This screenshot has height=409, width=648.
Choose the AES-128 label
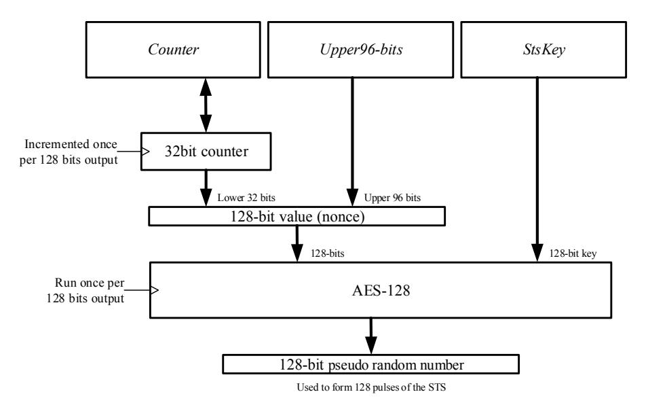(x=381, y=290)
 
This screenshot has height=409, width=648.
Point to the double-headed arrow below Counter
(x=206, y=105)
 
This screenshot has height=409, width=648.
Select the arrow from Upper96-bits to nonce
(x=352, y=142)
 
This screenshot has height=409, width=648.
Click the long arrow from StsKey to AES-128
(x=537, y=170)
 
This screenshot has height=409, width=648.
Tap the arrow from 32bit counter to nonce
(x=206, y=188)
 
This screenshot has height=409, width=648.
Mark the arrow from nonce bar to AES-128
(x=297, y=244)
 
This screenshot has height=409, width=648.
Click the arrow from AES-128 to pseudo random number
(x=370, y=336)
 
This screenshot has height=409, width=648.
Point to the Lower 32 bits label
(x=246, y=198)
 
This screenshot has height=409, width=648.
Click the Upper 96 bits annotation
(x=392, y=198)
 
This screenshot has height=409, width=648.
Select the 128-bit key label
(x=573, y=253)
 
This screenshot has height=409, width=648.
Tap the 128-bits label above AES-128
(x=327, y=253)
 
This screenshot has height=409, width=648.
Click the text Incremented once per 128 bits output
(x=69, y=152)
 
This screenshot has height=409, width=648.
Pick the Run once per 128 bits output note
(x=85, y=291)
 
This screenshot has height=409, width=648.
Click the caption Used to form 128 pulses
(x=371, y=387)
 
